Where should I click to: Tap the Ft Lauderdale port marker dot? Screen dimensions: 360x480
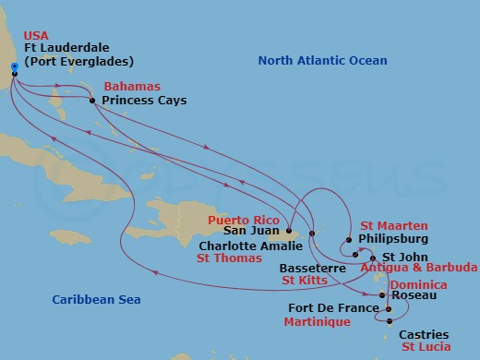tap(14, 73)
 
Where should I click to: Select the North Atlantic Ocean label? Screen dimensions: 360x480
tap(322, 61)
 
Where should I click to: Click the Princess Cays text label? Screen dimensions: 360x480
tap(146, 100)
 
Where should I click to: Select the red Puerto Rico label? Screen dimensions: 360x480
tap(243, 221)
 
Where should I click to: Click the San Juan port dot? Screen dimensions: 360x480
tap(289, 232)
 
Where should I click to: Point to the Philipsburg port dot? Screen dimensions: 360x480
tap(349, 240)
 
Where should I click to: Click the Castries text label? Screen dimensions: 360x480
tap(426, 334)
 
